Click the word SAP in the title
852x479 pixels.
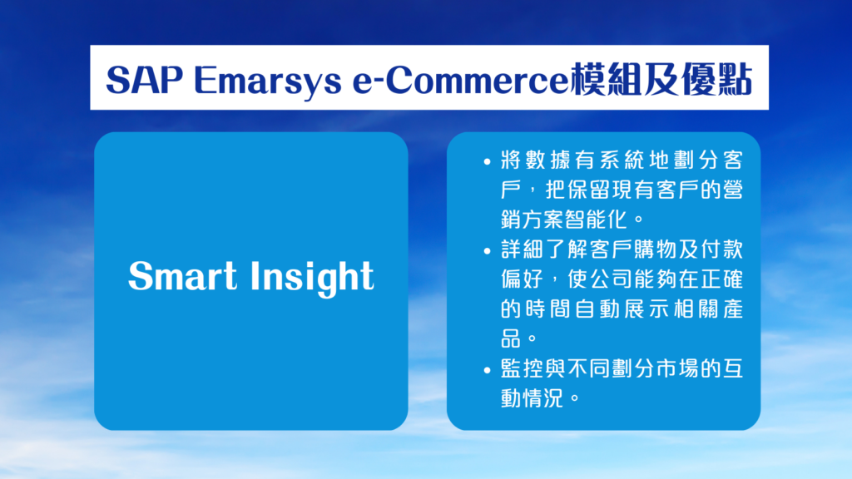click(144, 80)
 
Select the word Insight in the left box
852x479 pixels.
click(312, 278)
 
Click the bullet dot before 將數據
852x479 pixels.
click(487, 161)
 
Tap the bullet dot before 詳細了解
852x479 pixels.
click(487, 251)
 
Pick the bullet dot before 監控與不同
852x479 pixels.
click(487, 370)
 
